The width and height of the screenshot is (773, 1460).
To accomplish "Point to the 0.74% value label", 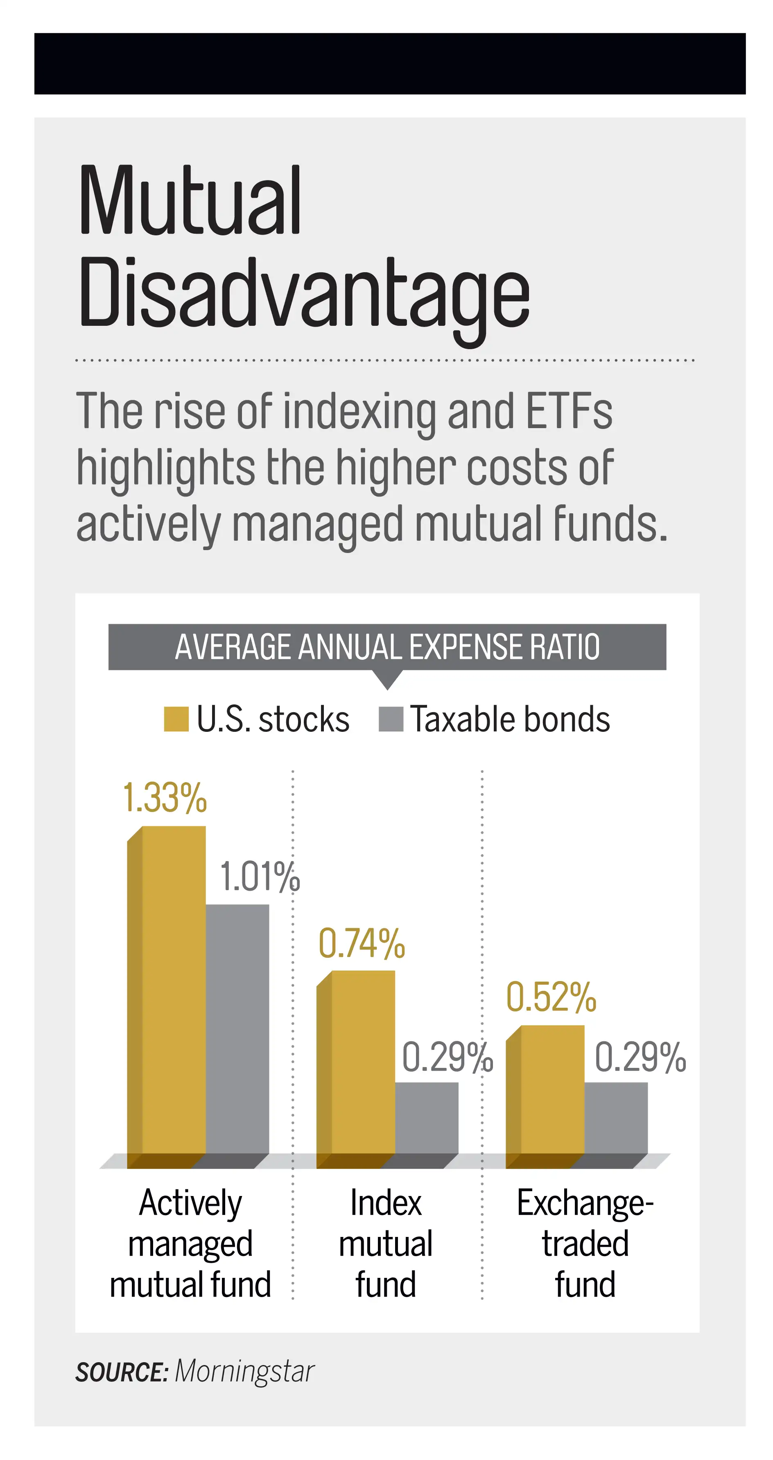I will (362, 944).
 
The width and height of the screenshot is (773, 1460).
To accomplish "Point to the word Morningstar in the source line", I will (244, 1372).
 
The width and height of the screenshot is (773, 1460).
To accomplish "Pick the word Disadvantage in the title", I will (304, 295).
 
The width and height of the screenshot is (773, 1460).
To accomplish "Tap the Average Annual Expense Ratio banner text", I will (387, 647).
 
